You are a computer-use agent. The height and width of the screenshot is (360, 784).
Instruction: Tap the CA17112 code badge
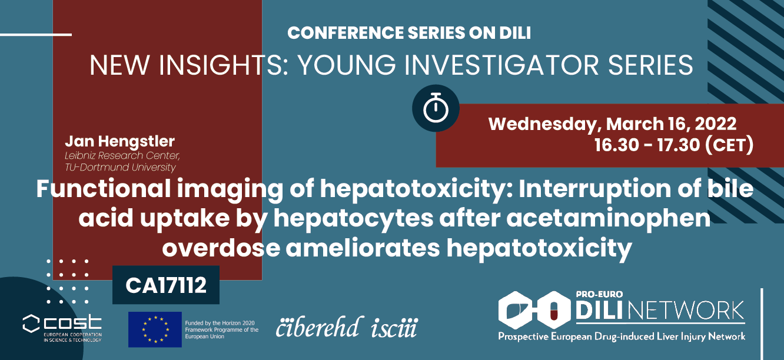pos(166,285)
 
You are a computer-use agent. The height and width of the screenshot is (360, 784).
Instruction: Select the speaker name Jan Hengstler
pos(119,141)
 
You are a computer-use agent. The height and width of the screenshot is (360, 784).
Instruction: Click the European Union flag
pos(155,329)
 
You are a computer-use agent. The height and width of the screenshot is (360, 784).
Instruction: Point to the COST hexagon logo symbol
pos(31,324)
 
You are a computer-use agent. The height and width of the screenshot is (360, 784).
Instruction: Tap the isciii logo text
pos(394,328)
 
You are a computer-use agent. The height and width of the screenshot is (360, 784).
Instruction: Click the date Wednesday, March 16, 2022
pos(612,124)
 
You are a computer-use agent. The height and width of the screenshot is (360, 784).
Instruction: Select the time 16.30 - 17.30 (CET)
pos(674,145)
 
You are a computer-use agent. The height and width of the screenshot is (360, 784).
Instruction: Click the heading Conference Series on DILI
pos(409,33)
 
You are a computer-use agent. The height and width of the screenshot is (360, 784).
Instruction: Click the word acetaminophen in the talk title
pos(608,218)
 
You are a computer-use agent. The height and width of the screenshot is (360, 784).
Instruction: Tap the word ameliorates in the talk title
pos(363,248)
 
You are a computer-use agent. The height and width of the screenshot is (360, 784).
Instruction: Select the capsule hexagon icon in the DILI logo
pos(554,310)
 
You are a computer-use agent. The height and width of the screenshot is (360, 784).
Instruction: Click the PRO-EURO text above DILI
pos(594,294)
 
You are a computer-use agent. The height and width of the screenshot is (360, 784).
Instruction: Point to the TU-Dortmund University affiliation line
pos(120,167)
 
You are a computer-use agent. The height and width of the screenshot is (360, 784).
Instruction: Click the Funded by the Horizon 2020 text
pos(220,323)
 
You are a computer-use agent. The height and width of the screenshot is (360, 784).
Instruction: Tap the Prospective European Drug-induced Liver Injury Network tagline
pos(622,336)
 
